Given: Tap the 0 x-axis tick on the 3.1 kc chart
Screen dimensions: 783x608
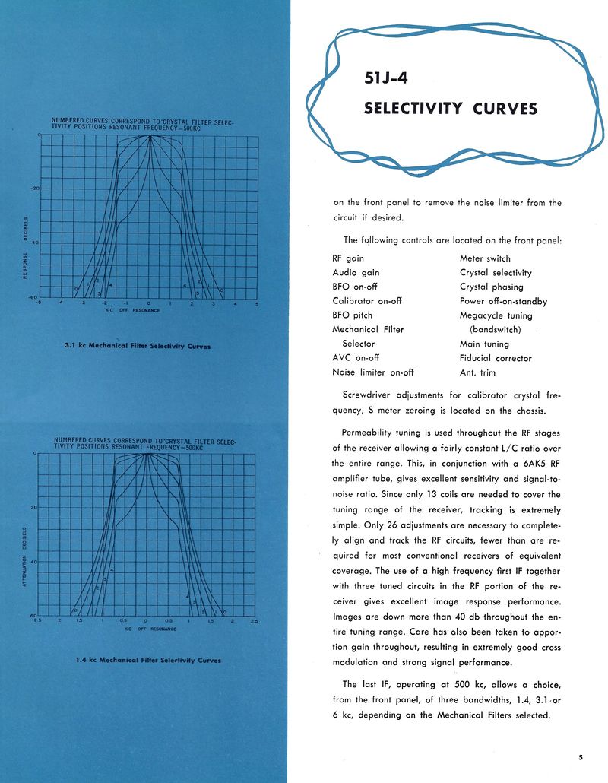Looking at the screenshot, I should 150,304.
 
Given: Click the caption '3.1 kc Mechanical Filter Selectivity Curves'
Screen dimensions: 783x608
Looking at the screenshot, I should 138,346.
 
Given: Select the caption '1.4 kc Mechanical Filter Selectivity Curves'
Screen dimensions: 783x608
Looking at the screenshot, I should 148,660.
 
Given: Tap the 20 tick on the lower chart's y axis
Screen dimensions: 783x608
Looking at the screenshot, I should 33,507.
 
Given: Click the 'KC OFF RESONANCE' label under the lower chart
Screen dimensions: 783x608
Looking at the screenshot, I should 150,629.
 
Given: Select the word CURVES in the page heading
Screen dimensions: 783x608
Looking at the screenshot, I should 505,108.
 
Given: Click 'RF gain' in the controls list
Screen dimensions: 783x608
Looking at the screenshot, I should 348,258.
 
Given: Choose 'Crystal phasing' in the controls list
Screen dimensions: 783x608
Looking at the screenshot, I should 491,287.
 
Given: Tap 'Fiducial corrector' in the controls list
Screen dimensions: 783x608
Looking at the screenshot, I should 496,358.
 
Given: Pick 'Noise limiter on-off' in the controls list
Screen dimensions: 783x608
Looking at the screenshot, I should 372,372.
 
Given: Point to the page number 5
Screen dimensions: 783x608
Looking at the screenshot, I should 580,756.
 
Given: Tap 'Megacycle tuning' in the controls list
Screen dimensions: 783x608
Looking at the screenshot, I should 496,315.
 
